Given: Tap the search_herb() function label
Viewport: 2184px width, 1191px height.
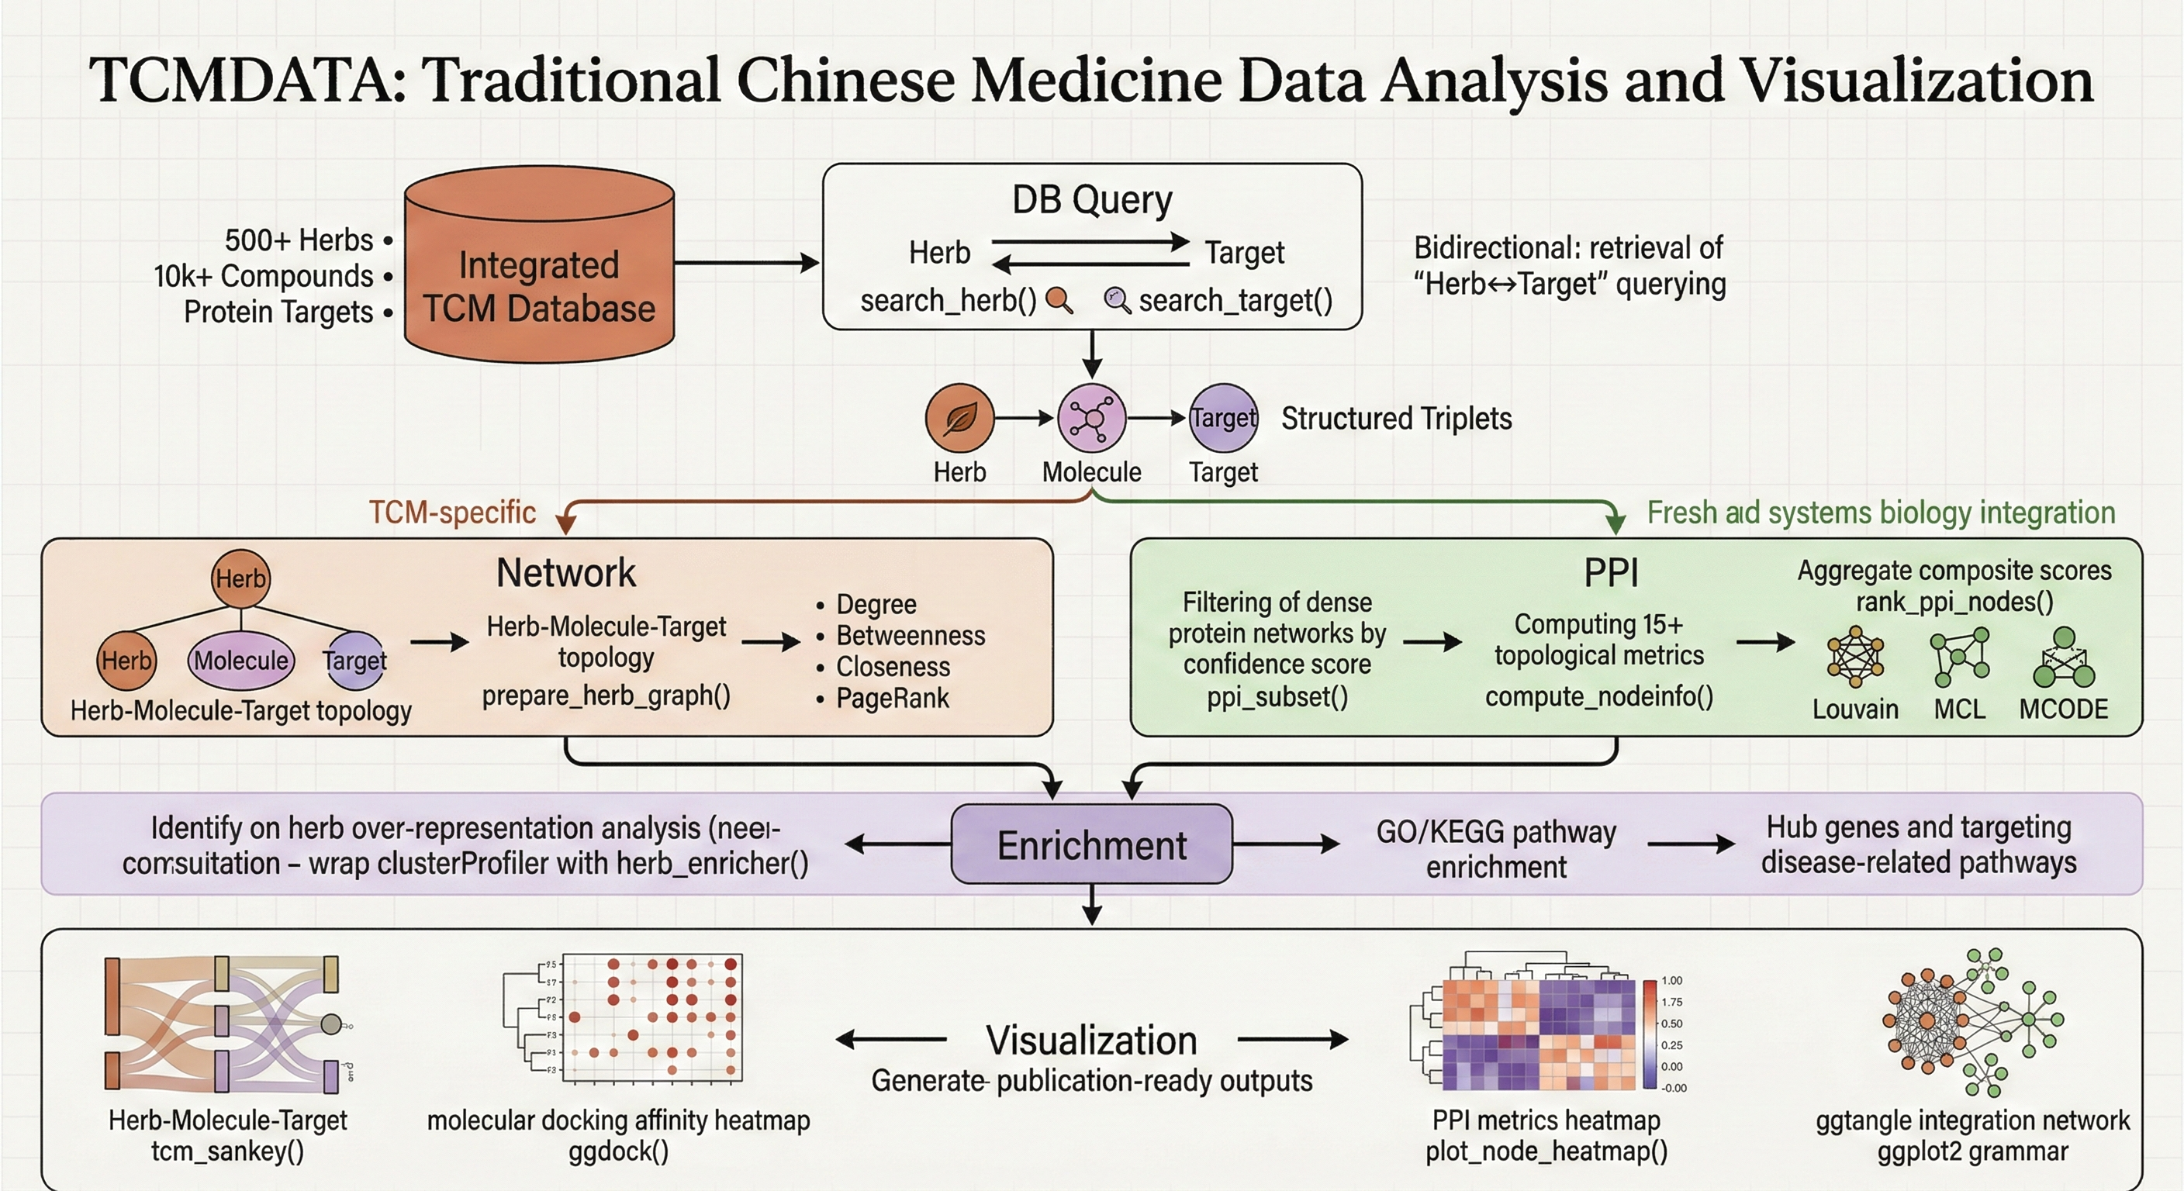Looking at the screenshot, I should tap(948, 301).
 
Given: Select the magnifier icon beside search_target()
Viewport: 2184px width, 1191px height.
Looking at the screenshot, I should tap(1117, 300).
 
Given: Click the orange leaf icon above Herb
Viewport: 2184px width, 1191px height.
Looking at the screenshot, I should tap(959, 418).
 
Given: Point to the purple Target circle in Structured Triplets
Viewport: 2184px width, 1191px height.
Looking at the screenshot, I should tap(1223, 418).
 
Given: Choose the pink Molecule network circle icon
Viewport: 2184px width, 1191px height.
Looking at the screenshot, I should tap(1091, 418).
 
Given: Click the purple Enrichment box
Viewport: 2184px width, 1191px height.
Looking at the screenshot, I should tap(1091, 845).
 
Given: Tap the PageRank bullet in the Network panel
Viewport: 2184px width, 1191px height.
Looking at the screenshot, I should tap(892, 699).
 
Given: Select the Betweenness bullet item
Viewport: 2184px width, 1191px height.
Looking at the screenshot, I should tap(910, 636).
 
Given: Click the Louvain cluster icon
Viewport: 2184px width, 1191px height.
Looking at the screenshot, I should tap(1855, 657).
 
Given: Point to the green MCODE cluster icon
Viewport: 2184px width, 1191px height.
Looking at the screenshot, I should tap(2064, 658).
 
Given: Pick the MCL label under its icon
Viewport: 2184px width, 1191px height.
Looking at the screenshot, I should tap(1959, 709).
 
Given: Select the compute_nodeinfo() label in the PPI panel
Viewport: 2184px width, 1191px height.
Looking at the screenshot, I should tap(1599, 697).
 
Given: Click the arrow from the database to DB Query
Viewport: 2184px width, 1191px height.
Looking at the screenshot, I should tap(746, 263).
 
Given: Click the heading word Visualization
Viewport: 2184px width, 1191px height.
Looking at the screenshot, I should tap(1091, 1040).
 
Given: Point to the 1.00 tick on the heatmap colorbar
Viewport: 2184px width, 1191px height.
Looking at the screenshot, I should tap(1671, 981).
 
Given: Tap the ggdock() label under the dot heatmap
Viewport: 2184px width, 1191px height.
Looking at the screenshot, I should tap(618, 1151).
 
